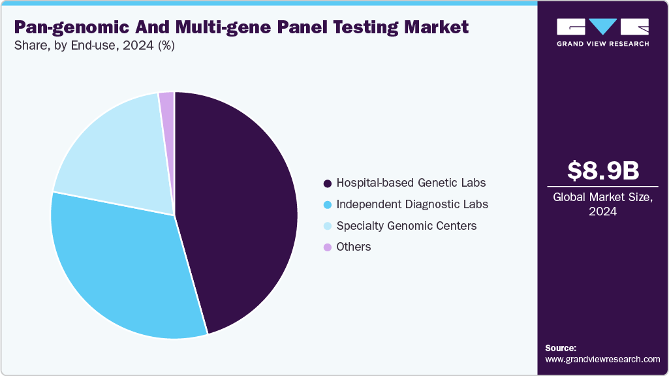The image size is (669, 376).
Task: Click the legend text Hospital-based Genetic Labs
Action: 411,183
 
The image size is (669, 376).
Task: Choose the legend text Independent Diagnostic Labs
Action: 412,204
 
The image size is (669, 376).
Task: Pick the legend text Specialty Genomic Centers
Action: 406,226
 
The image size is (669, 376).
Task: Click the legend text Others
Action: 354,247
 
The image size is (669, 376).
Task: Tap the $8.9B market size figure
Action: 602,171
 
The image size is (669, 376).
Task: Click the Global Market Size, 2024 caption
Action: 602,204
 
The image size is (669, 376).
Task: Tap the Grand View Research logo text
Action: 602,44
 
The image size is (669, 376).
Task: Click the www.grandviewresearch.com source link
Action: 602,359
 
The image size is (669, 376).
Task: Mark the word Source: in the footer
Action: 561,348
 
